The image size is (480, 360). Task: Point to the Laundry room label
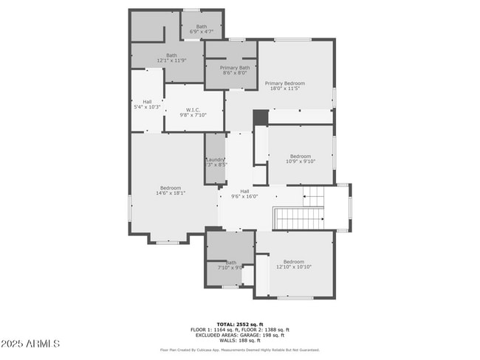[x=216, y=160]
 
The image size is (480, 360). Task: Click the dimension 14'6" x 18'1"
[x=171, y=193]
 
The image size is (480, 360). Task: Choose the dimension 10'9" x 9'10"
[x=301, y=162]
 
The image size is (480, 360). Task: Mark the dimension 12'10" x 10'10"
[x=294, y=267]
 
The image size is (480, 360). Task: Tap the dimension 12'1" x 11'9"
[x=171, y=60]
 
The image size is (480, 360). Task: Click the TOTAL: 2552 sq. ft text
[x=239, y=324]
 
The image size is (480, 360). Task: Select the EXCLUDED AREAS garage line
[x=239, y=335]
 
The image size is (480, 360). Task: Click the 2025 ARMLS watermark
[x=31, y=344]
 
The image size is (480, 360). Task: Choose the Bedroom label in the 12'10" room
[x=294, y=262]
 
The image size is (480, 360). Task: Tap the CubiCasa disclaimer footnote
[x=239, y=350]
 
